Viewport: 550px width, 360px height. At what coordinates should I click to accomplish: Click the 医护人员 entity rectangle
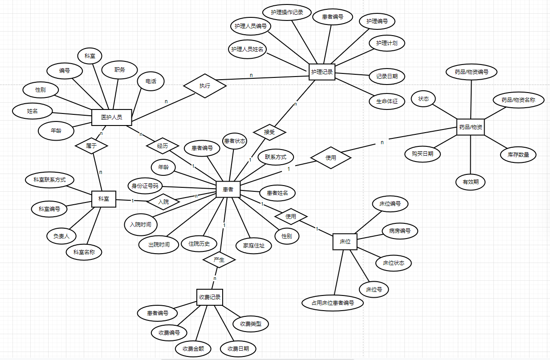pos(112,117)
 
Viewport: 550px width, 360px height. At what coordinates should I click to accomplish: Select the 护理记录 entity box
pos(322,72)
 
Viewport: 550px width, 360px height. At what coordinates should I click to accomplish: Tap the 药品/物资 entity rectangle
pos(471,127)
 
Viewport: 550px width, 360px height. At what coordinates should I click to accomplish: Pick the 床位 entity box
pos(345,242)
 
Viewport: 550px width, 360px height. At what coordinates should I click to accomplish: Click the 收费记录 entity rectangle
pos(210,297)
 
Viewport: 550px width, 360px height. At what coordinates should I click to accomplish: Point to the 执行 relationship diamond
pos(204,85)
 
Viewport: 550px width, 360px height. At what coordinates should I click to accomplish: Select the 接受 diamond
pos(269,132)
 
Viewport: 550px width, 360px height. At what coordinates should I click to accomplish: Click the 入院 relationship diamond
pos(163,202)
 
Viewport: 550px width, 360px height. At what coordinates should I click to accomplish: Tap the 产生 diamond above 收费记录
pos(219,259)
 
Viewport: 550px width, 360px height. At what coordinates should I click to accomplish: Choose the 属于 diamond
pos(91,145)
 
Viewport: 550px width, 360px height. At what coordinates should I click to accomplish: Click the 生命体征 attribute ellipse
pos(387,101)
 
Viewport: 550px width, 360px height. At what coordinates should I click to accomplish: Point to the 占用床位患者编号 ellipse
pos(333,303)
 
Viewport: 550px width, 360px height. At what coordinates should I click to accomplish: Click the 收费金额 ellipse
pos(193,348)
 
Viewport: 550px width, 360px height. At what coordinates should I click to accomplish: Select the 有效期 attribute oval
pos(470,182)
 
